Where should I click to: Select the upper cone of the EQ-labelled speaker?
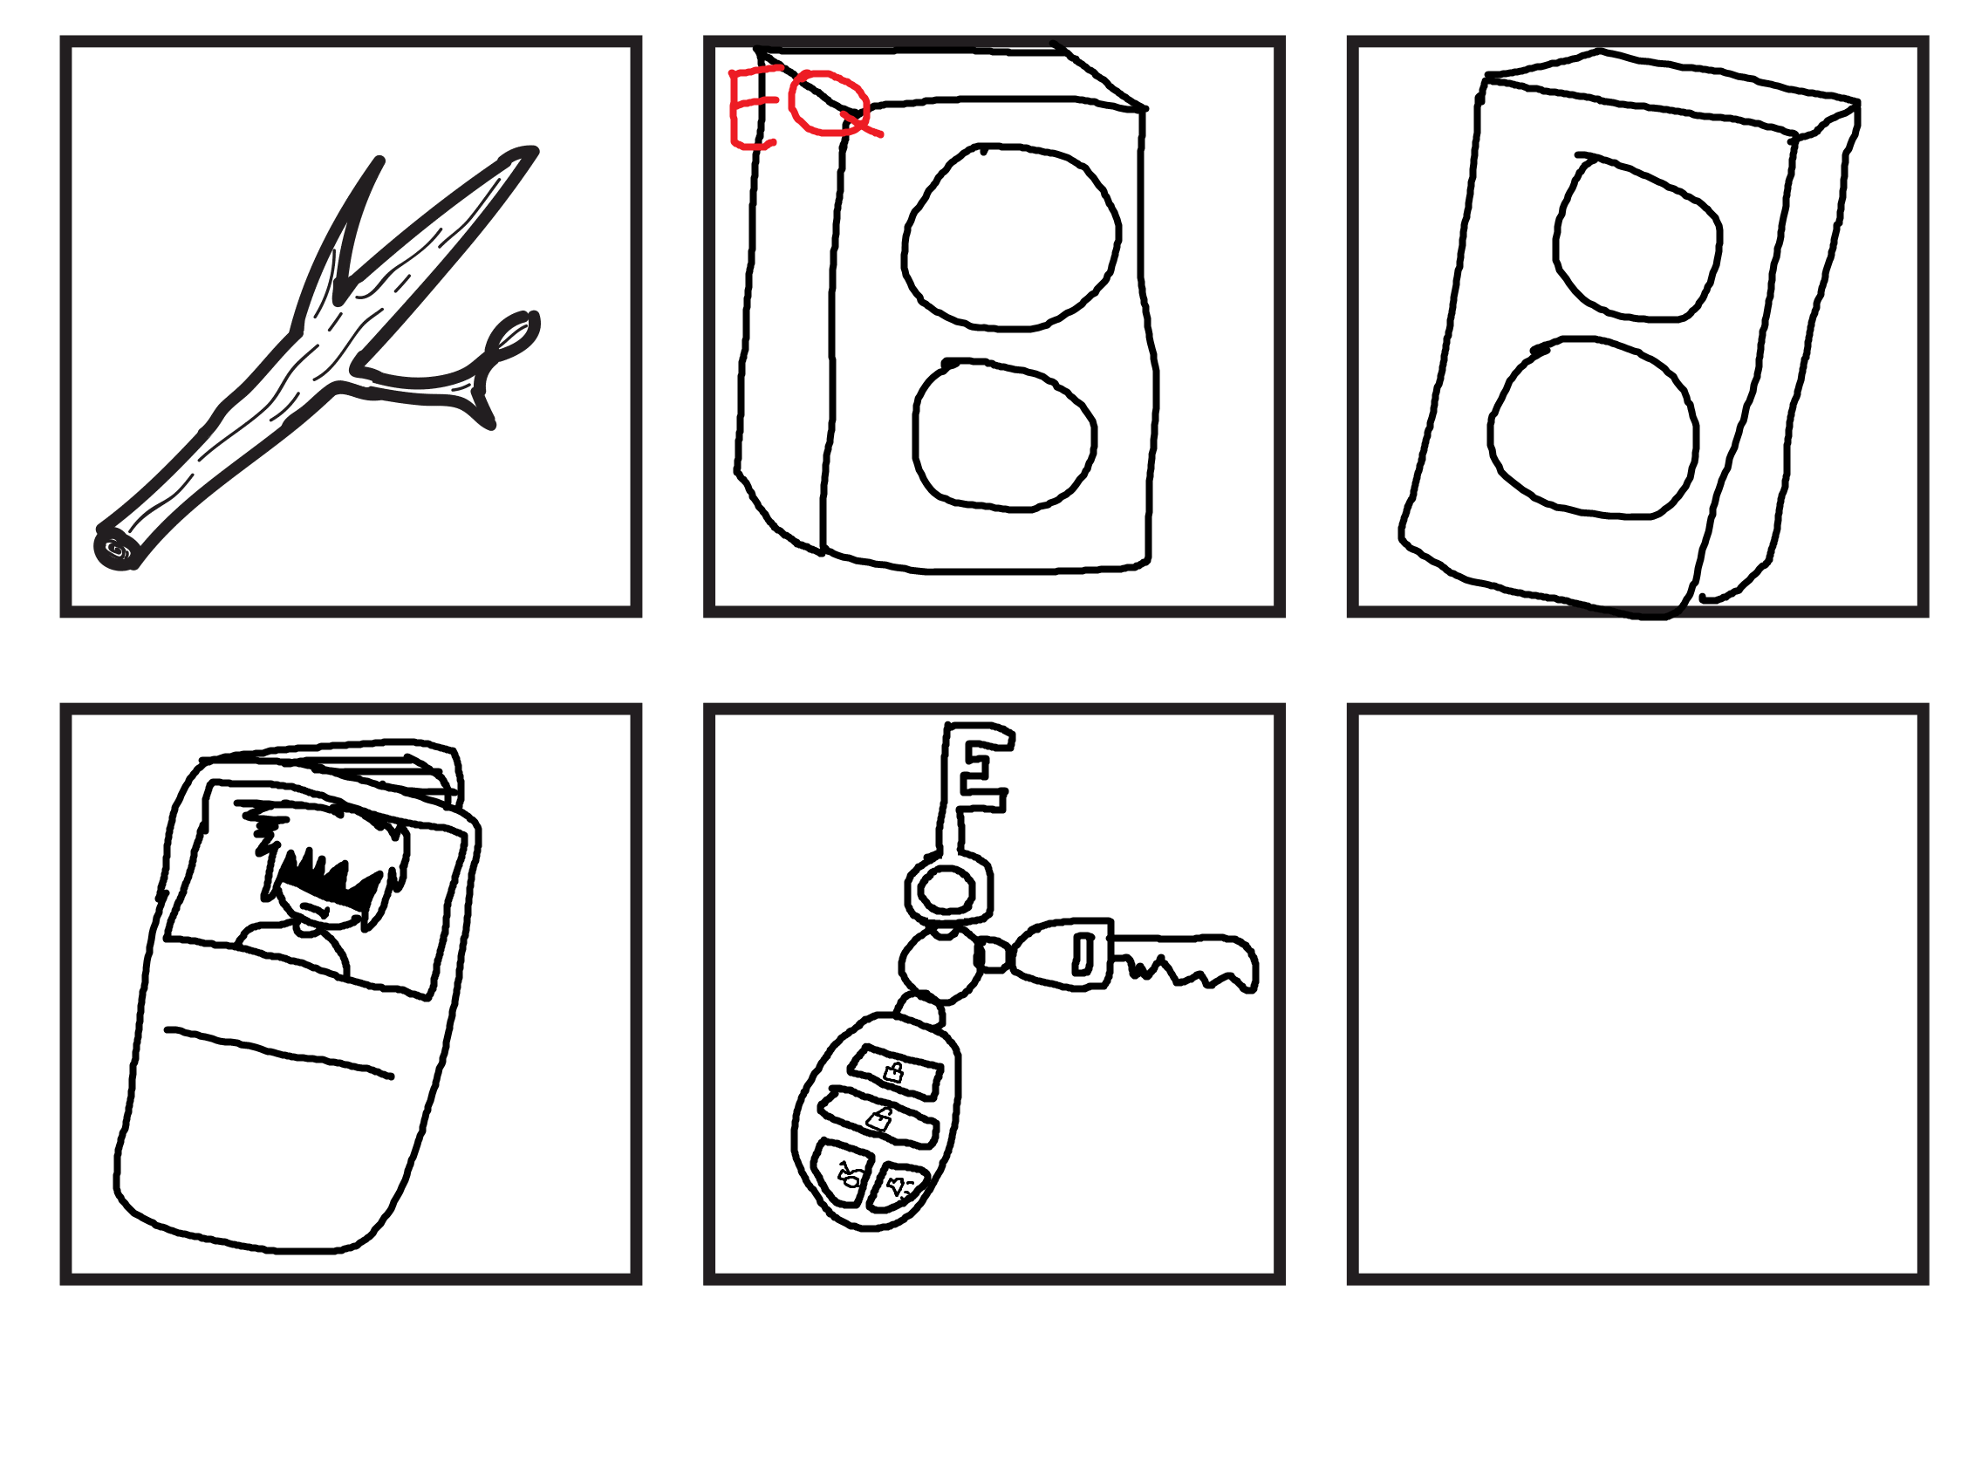point(1011,236)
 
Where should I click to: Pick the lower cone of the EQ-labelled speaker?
point(1004,435)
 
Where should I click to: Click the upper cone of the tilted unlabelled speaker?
point(1637,236)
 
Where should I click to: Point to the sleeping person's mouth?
point(313,909)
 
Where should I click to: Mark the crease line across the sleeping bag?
point(278,1052)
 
